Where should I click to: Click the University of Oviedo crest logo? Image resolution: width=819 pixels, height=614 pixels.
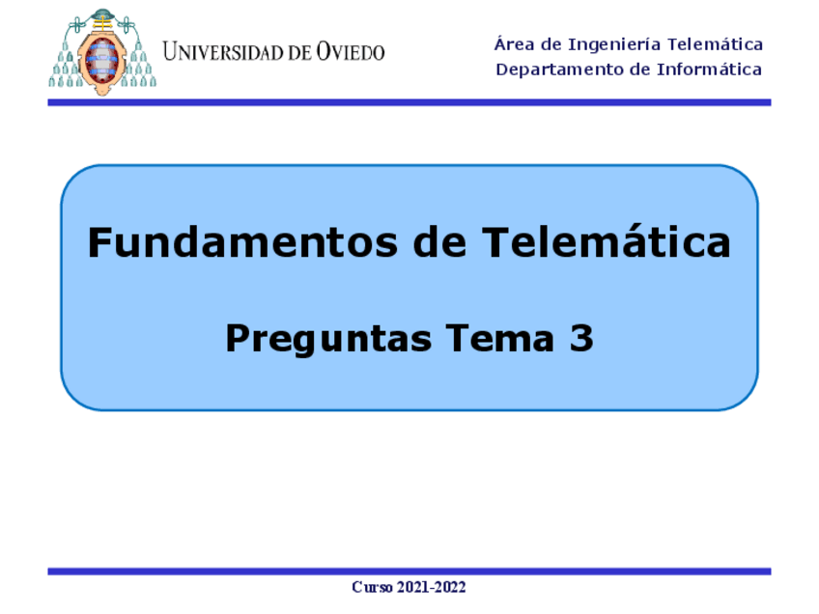[102, 53]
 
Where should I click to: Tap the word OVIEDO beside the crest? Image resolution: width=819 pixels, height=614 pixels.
[351, 52]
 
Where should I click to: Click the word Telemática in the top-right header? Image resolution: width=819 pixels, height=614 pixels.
[716, 44]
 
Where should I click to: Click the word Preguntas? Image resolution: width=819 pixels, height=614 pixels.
[328, 339]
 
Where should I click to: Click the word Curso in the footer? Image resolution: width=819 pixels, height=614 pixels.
[372, 587]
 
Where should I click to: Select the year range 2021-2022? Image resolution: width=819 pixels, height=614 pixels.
[431, 587]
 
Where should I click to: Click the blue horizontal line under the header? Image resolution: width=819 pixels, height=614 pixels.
[409, 101]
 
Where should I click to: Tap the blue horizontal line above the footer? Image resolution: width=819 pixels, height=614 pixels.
[409, 572]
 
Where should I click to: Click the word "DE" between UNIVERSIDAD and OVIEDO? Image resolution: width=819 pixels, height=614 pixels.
[300, 53]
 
